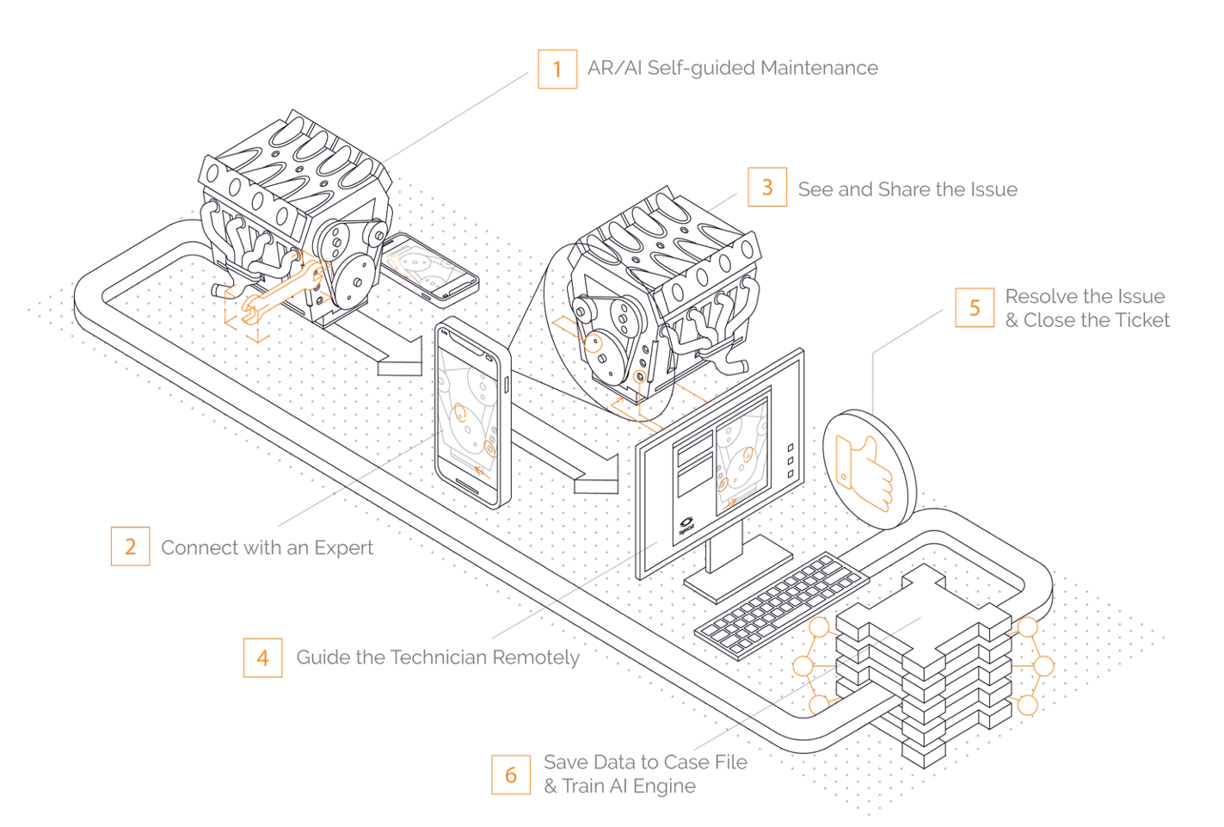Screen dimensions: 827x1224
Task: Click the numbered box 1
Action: pyautogui.click(x=557, y=69)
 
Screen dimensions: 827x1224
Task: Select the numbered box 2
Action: pyautogui.click(x=130, y=546)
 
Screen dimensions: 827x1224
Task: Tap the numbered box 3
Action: pyautogui.click(x=767, y=187)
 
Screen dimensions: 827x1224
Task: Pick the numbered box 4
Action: pyautogui.click(x=262, y=657)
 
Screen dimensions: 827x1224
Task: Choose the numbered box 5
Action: pyautogui.click(x=975, y=308)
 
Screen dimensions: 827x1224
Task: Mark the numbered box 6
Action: pyautogui.click(x=511, y=775)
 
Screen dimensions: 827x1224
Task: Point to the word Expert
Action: pyautogui.click(x=343, y=548)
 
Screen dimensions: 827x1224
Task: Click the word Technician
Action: pyautogui.click(x=439, y=657)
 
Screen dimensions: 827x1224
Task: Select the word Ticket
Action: pyautogui.click(x=1140, y=320)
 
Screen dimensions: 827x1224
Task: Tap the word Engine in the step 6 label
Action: pyautogui.click(x=664, y=786)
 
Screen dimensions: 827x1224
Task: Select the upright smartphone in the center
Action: pyautogui.click(x=471, y=413)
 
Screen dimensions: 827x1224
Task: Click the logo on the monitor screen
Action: pyautogui.click(x=686, y=524)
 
